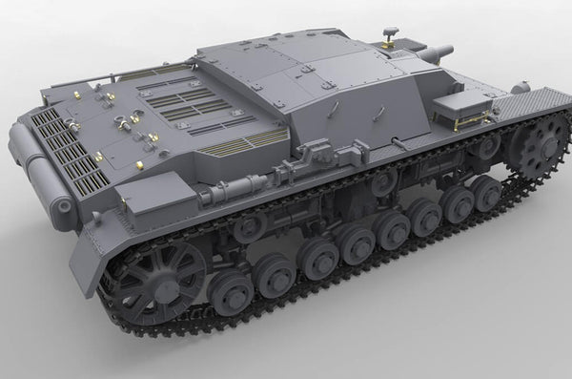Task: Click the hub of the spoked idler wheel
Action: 153,283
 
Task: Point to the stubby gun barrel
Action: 439,53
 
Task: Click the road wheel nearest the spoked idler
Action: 232,294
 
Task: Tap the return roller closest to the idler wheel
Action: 250,226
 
